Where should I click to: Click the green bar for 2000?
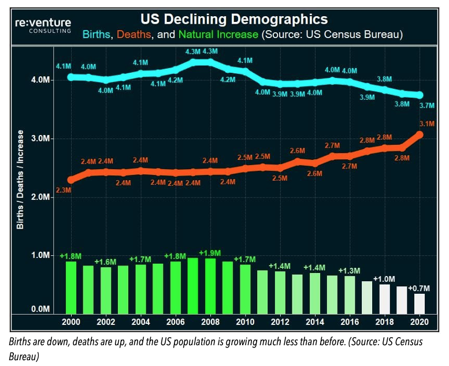(71, 286)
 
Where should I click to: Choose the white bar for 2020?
(420, 302)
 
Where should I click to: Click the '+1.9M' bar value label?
(209, 253)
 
